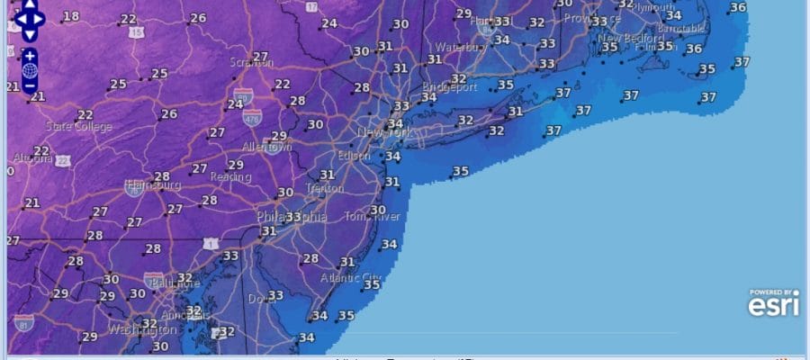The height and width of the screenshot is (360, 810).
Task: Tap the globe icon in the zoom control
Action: point(30,70)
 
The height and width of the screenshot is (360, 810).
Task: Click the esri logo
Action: point(773,304)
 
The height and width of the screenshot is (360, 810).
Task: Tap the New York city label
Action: point(384,133)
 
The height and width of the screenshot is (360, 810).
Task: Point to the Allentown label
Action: point(266,147)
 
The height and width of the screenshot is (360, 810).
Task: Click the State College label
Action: point(79,127)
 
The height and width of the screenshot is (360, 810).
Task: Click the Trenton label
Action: point(324,189)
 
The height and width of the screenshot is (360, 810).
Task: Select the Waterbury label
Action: point(460,48)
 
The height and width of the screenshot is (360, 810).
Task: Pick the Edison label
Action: point(354,156)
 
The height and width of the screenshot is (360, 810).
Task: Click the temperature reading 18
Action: point(70,16)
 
